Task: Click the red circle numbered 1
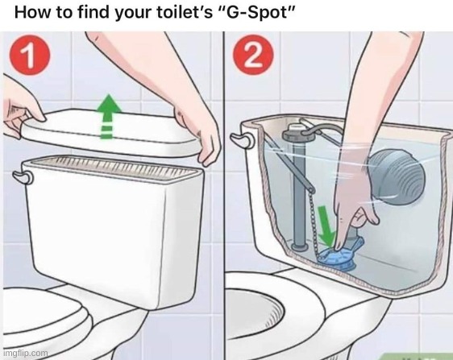[x=30, y=55]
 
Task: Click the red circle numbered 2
[x=253, y=55]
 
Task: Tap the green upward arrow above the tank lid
[x=108, y=116]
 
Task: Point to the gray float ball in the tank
[x=397, y=177]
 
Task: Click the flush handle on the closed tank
[x=23, y=176]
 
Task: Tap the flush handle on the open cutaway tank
[x=242, y=140]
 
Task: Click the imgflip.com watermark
[x=26, y=353]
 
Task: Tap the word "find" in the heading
[x=94, y=12]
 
